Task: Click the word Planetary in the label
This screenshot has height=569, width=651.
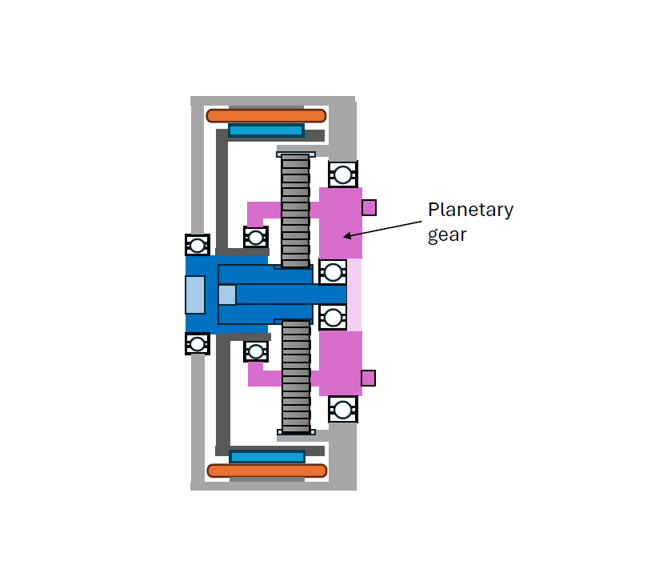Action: tap(470, 210)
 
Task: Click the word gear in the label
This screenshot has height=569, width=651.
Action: tap(447, 235)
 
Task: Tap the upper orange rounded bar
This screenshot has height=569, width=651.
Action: tap(266, 115)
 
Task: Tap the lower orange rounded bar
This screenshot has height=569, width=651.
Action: tap(267, 471)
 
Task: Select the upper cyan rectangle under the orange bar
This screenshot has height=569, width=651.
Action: tap(266, 130)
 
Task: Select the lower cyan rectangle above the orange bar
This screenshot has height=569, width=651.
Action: tap(267, 457)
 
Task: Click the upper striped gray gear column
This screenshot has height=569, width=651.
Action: tap(295, 210)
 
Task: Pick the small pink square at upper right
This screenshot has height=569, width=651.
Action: tap(369, 207)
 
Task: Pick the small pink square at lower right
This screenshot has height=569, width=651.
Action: tap(368, 379)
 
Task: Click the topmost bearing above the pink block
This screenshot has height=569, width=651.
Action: tap(343, 174)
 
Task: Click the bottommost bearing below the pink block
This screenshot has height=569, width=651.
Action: tap(343, 410)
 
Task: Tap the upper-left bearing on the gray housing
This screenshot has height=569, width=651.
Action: tap(198, 245)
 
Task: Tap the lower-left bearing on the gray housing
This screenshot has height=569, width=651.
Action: tap(198, 344)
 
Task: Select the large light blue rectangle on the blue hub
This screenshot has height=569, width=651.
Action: tap(195, 295)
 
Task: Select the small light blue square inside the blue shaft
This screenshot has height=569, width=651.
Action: tap(227, 295)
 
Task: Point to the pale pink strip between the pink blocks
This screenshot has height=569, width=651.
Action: tap(354, 295)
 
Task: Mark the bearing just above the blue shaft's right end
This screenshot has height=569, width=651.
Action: tap(333, 272)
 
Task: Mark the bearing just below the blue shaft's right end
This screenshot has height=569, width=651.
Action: tap(333, 318)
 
